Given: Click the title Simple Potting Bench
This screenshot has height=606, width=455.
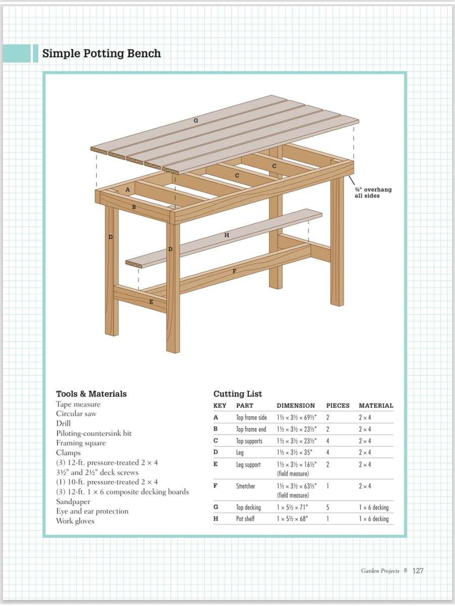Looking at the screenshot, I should (x=102, y=54).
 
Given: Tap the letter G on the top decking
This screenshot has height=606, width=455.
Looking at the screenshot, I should (x=195, y=121).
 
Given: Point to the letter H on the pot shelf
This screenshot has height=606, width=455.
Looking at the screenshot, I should (x=227, y=235).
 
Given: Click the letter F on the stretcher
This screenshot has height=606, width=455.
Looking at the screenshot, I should (x=234, y=271).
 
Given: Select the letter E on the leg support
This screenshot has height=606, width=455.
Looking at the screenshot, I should (x=151, y=302).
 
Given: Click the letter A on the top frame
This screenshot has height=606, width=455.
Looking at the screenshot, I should (x=127, y=189).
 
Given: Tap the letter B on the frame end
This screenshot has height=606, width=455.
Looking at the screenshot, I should (x=134, y=207).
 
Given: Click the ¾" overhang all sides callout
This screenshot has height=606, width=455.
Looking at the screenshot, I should (x=373, y=192).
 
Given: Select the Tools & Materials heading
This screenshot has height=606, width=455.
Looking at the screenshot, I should (x=91, y=394).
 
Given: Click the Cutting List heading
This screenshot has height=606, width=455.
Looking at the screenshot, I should (x=238, y=394).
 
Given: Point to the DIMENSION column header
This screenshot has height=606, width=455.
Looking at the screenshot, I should (x=295, y=406).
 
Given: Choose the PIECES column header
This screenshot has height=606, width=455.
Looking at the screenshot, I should (x=338, y=406).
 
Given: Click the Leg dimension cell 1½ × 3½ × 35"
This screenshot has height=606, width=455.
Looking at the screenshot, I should (x=296, y=452).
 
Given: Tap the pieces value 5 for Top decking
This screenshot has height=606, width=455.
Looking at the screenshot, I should (x=328, y=507).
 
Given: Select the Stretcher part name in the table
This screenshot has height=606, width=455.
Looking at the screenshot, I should (x=245, y=486).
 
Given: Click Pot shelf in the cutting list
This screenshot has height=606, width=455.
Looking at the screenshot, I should (x=245, y=519).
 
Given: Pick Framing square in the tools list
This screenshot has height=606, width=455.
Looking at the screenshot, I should (x=81, y=443).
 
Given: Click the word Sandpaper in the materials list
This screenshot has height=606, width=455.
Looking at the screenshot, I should (x=73, y=501).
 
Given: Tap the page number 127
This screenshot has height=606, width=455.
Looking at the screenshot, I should (x=418, y=571).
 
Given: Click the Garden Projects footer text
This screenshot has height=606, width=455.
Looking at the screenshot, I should (x=380, y=571).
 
